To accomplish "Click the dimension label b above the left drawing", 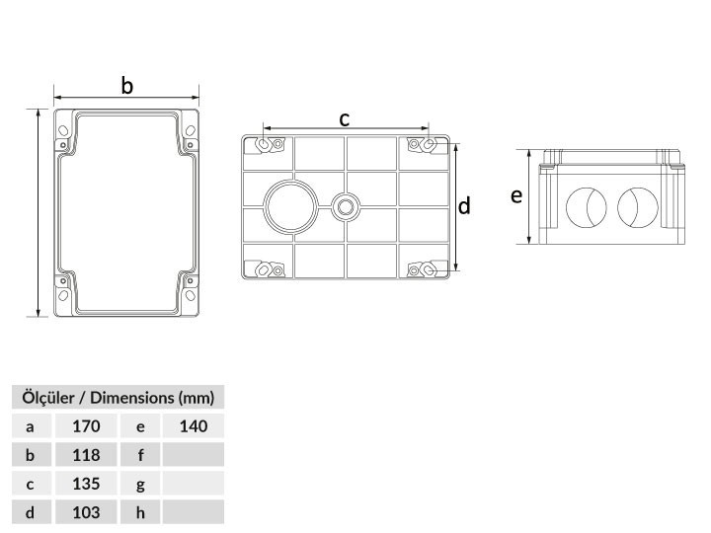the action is point(127,86).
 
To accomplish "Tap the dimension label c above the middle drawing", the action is point(345,119).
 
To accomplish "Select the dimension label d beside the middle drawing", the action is point(464,205).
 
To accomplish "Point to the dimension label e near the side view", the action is point(516,195).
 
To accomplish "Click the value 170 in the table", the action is point(86,426).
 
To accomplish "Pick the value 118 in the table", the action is point(86,455).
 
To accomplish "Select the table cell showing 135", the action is point(86,484).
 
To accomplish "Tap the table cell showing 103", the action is point(86,512).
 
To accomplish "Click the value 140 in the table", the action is point(194,426).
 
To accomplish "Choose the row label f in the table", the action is point(140,455).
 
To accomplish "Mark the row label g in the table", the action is point(140,485).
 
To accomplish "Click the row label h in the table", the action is point(140,512).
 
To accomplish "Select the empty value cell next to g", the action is point(194,483).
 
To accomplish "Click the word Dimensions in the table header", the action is point(132,398).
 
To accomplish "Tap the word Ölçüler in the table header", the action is point(48,398).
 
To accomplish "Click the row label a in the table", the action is point(30,427).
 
